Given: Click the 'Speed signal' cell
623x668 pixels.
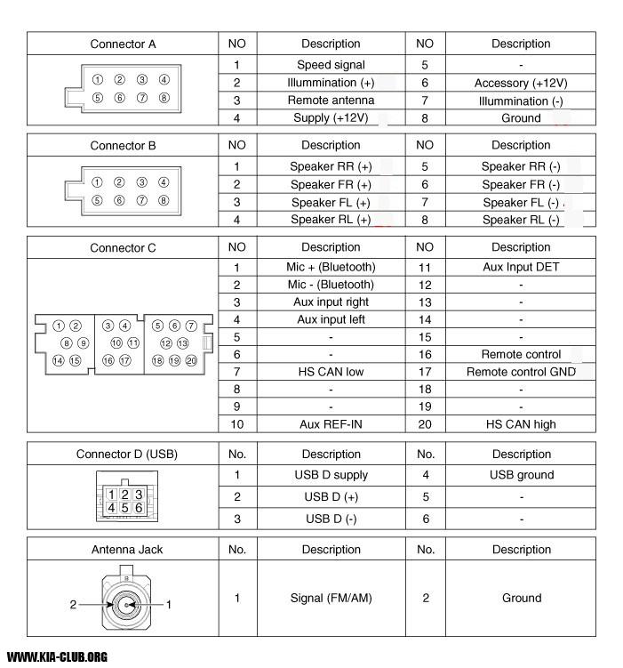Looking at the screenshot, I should point(331,65).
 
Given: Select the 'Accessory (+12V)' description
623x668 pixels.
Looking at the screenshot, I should point(521,83).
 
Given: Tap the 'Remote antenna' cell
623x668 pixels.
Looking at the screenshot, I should point(331,101).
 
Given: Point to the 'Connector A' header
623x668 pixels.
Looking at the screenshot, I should point(123,44).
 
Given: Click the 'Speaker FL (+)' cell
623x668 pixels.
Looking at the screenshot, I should point(331,202).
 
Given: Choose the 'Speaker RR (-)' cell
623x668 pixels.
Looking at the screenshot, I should point(521,166).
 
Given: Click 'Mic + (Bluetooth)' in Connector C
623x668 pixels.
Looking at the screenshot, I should point(331,267).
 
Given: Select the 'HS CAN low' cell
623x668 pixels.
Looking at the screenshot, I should point(331,372).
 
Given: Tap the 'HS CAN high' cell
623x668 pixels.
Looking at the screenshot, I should point(521,424).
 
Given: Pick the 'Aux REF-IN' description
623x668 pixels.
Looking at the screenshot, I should point(331,424).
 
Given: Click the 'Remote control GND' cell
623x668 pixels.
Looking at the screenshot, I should point(521,372).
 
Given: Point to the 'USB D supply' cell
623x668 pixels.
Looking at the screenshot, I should point(331,475).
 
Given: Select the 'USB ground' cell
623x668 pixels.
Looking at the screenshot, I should point(521,475).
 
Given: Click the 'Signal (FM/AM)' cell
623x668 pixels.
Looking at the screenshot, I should point(331,598).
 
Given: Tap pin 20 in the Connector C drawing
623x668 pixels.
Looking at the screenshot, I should point(190,360).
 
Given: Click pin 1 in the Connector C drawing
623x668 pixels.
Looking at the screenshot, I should point(59,326).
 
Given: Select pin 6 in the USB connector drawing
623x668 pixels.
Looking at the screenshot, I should point(139,508).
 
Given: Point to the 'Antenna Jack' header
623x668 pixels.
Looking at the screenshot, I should point(123,550).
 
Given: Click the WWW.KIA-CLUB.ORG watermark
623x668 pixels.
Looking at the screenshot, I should point(57,657).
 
